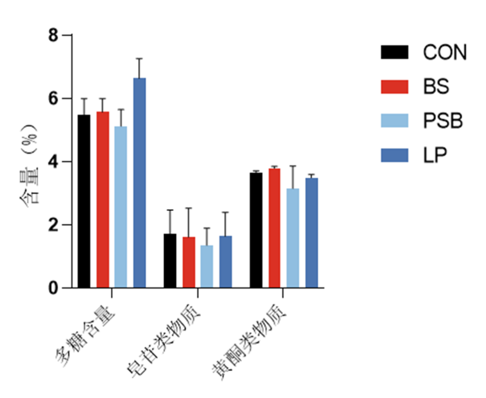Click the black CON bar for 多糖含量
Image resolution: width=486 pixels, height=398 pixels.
[84, 201]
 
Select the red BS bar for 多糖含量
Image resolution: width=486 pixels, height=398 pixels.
[103, 200]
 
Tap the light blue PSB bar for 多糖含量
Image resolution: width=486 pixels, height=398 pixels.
[121, 207]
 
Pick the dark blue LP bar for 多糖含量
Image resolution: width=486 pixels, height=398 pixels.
[139, 183]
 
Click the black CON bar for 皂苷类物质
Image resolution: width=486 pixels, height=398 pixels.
[170, 261]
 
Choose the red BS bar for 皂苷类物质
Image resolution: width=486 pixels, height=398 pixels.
[189, 262]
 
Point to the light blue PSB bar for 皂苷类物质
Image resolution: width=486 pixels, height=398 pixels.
[207, 267]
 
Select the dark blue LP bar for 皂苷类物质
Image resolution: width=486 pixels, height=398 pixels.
[226, 262]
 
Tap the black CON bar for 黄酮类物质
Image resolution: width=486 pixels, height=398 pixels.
[256, 230]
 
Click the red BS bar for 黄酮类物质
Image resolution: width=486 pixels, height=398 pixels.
[275, 228]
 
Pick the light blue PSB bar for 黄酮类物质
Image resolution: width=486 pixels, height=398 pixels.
[293, 238]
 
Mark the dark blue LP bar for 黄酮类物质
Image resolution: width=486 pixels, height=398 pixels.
[312, 233]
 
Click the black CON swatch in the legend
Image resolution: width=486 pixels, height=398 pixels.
[395, 52]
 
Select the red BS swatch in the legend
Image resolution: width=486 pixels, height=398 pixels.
[395, 86]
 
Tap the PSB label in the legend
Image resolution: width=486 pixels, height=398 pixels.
[443, 121]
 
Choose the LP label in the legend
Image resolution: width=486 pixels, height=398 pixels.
[435, 155]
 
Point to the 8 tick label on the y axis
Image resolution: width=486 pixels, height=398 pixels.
[54, 35]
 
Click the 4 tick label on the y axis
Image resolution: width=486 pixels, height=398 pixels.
[54, 162]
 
